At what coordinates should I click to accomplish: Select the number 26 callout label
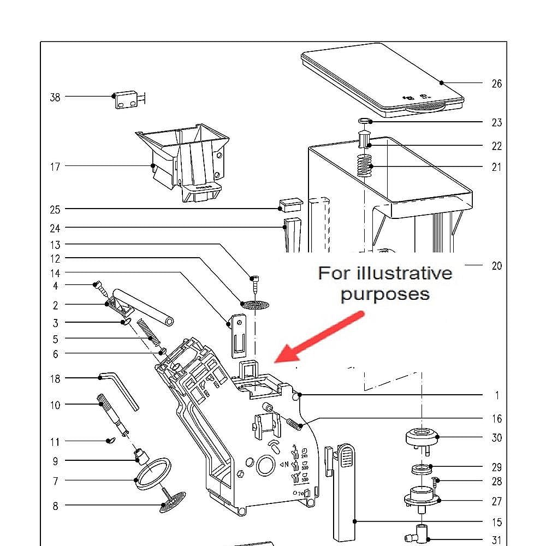496,84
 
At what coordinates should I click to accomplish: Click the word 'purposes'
385,294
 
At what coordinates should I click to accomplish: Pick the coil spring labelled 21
365,165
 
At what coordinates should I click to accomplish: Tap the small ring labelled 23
364,121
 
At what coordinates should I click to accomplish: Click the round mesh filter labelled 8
173,501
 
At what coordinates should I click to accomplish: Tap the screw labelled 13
255,284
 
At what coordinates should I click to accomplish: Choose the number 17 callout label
55,167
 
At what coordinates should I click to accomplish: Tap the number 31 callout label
496,540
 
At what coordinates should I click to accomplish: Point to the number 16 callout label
496,419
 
